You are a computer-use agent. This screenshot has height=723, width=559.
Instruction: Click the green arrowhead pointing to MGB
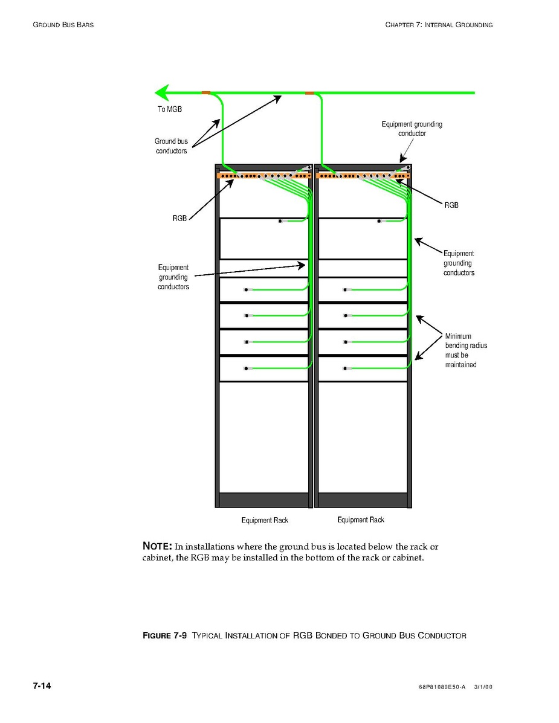[x=161, y=92]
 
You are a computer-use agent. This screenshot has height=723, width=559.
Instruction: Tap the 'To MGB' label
[x=170, y=109]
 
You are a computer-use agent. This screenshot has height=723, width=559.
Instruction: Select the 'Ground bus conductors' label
[x=171, y=146]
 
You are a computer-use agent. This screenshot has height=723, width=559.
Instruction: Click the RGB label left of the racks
[x=179, y=218]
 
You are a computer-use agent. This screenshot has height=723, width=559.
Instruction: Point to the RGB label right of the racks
[x=451, y=205]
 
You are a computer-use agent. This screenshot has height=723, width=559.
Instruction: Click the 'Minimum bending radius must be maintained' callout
[x=462, y=350]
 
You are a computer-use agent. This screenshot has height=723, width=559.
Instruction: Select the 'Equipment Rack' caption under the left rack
[x=265, y=520]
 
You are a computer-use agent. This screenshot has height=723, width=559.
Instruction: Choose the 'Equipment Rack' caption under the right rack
[x=361, y=520]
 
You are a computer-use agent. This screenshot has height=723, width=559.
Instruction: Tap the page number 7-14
[x=42, y=686]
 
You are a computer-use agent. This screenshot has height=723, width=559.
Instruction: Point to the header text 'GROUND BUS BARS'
[x=63, y=25]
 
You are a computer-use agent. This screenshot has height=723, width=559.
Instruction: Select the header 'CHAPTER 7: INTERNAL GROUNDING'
[x=439, y=25]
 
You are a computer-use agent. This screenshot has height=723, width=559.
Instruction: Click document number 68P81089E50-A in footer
[x=442, y=687]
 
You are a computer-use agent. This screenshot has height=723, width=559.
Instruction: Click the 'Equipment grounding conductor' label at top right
[x=412, y=129]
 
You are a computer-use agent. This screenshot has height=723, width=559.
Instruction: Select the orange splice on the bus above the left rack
[x=206, y=92]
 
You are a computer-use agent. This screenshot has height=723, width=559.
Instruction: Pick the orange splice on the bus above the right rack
[x=309, y=92]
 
